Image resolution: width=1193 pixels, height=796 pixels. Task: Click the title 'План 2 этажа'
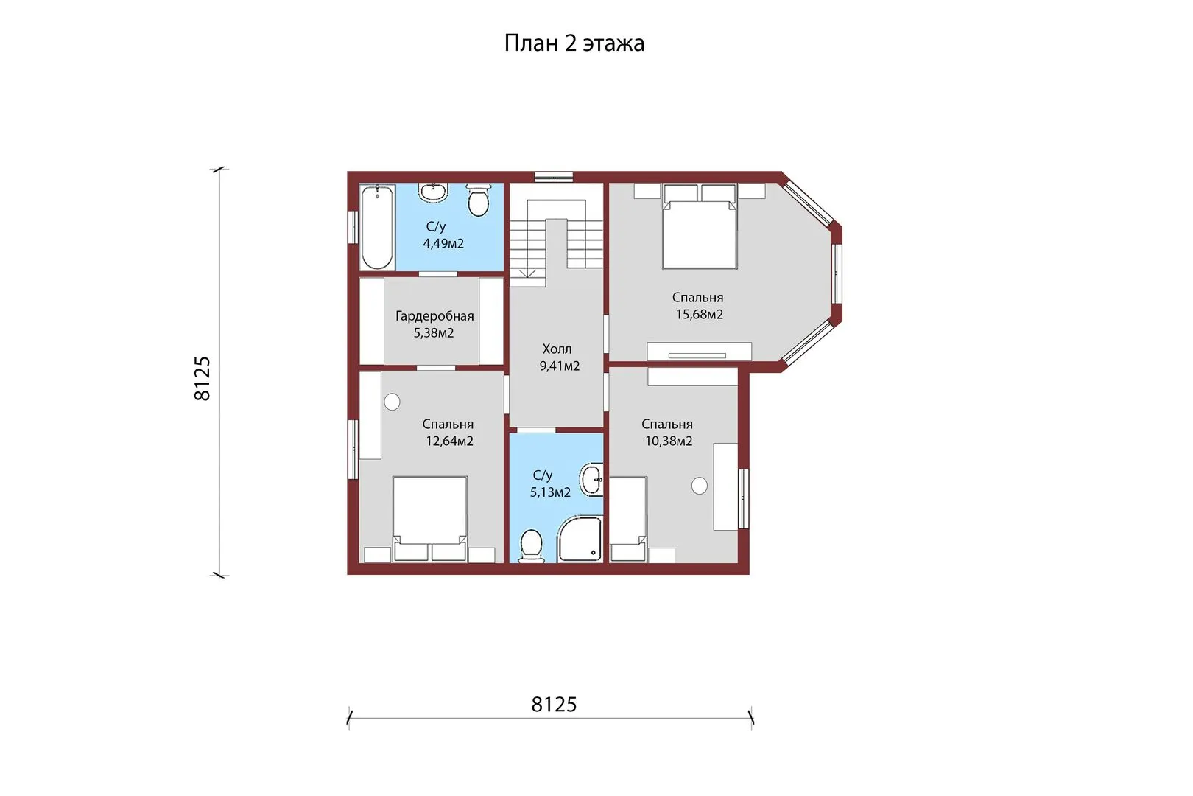(x=574, y=43)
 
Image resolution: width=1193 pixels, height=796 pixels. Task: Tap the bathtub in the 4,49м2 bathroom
(x=377, y=227)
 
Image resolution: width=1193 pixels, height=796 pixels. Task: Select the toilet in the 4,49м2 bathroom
(x=478, y=200)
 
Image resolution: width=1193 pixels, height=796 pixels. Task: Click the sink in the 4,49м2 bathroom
(x=433, y=192)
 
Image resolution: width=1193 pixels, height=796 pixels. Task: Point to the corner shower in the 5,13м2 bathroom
(x=580, y=539)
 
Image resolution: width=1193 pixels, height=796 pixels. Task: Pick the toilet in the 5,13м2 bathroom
(x=530, y=545)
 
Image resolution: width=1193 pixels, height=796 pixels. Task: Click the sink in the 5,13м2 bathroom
(x=591, y=479)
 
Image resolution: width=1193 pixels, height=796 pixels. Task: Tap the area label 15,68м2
(x=700, y=315)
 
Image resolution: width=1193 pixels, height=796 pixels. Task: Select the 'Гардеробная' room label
(x=434, y=316)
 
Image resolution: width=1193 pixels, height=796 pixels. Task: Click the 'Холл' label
(x=557, y=349)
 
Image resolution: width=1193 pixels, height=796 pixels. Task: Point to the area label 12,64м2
(x=449, y=441)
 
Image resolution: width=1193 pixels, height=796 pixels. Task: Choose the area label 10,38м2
(x=669, y=441)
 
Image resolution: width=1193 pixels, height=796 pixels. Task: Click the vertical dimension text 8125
(x=203, y=379)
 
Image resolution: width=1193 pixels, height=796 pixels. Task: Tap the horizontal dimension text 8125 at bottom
(x=554, y=705)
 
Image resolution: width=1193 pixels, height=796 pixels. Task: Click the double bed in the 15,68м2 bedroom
(x=700, y=226)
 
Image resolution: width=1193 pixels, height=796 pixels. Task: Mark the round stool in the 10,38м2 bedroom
(x=700, y=486)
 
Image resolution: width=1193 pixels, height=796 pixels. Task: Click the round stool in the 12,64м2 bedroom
(x=392, y=402)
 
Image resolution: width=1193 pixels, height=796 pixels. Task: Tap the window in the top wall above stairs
(x=554, y=177)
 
